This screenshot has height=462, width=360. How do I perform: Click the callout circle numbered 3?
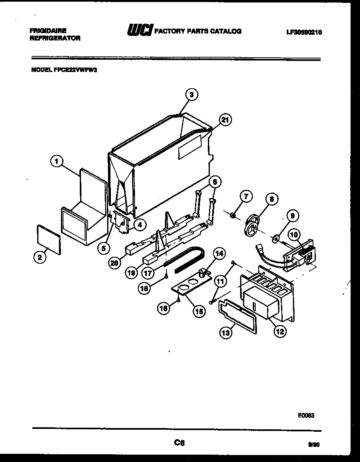pyautogui.click(x=191, y=95)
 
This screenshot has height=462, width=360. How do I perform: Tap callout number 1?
pyautogui.click(x=57, y=162)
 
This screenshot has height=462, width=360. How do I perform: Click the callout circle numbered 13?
pyautogui.click(x=225, y=333)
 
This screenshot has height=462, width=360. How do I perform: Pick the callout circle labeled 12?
pyautogui.click(x=280, y=331)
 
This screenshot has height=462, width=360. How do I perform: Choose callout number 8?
pyautogui.click(x=271, y=199)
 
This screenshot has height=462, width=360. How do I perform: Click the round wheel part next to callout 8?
pyautogui.click(x=252, y=226)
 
